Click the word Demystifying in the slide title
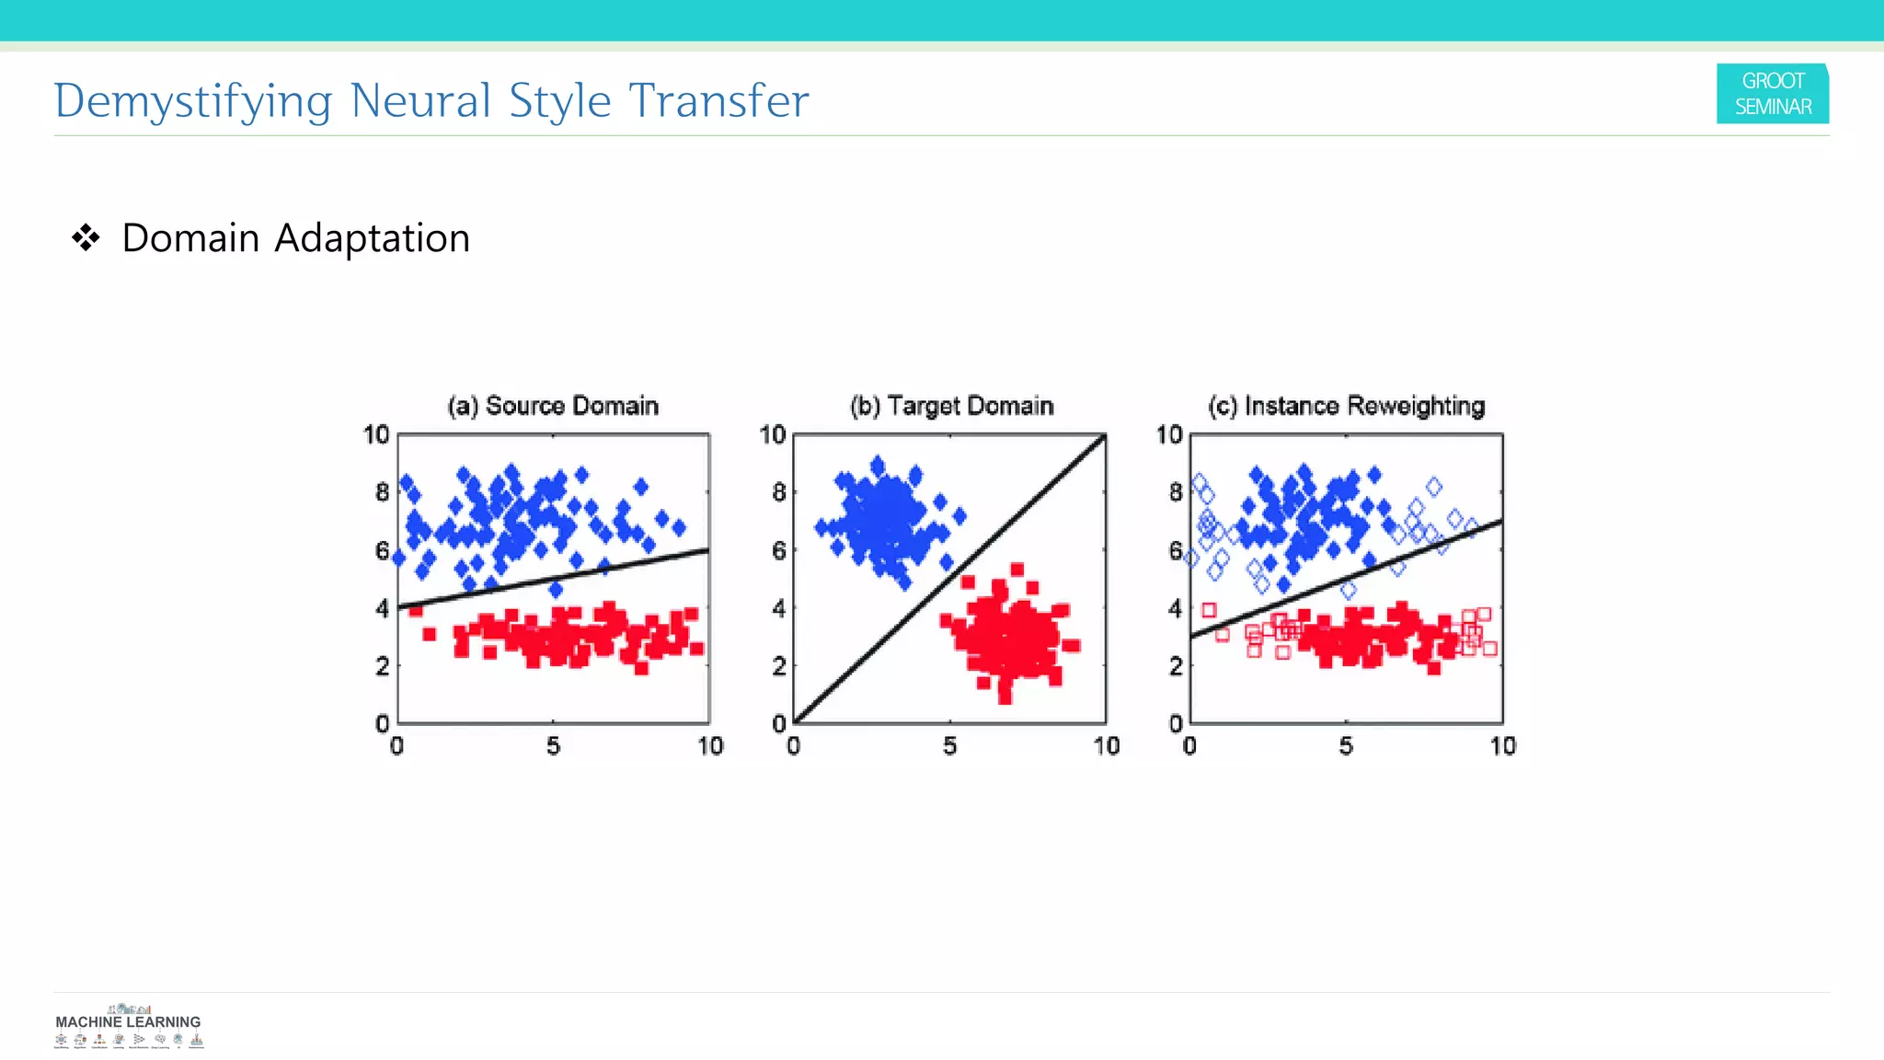(x=192, y=101)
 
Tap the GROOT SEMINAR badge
(x=1772, y=94)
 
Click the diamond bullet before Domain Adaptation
(x=86, y=238)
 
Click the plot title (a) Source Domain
(x=553, y=406)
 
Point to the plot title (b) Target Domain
(x=951, y=406)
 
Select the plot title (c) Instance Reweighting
(x=1346, y=406)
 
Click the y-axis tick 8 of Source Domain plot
(x=382, y=492)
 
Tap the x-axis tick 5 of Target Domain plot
(x=949, y=746)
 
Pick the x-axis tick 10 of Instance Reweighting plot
(x=1502, y=746)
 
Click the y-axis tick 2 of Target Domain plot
(x=779, y=666)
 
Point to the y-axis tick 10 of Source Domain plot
(x=376, y=434)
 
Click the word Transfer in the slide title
(x=718, y=101)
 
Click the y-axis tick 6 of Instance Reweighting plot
(x=1176, y=550)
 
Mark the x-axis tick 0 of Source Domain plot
(x=396, y=746)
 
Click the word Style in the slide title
(x=559, y=101)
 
